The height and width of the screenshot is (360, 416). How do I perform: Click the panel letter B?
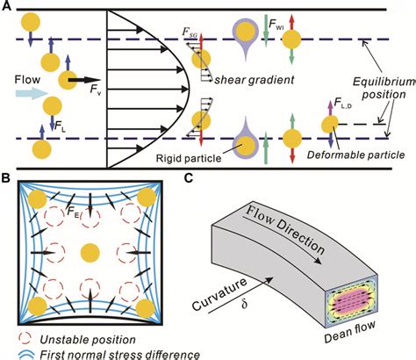6,180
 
